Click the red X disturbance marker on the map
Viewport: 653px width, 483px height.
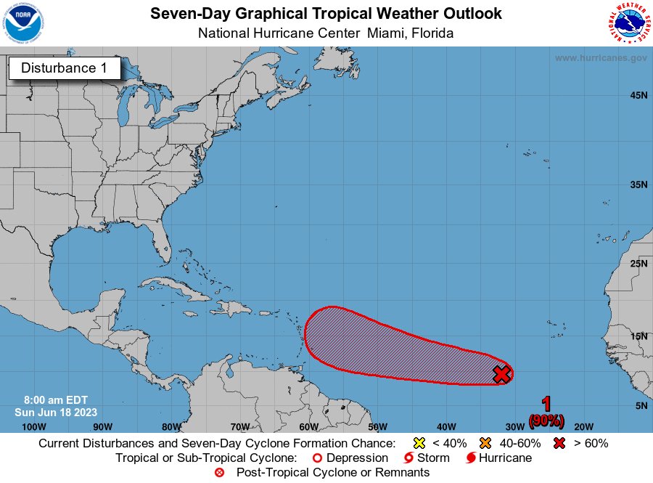[x=501, y=374]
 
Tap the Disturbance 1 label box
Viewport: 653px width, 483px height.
[x=64, y=68]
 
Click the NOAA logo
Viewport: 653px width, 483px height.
[x=23, y=23]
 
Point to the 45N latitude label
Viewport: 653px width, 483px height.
[x=638, y=95]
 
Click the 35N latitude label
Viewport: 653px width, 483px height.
[x=638, y=184]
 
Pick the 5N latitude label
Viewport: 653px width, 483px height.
[x=641, y=405]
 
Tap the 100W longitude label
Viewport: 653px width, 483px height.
[x=34, y=426]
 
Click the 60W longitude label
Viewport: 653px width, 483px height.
[x=308, y=426]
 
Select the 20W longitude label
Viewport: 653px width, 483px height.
[x=583, y=426]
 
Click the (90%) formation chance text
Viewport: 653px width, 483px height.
[x=546, y=420]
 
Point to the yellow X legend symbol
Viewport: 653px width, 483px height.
[x=418, y=443]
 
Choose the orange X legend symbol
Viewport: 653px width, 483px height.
[x=485, y=443]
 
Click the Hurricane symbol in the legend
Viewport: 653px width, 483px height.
[x=471, y=458]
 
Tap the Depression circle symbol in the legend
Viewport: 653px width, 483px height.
[x=316, y=458]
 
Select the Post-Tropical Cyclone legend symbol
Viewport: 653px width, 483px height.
[x=219, y=473]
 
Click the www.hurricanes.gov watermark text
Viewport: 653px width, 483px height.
[x=601, y=57]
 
